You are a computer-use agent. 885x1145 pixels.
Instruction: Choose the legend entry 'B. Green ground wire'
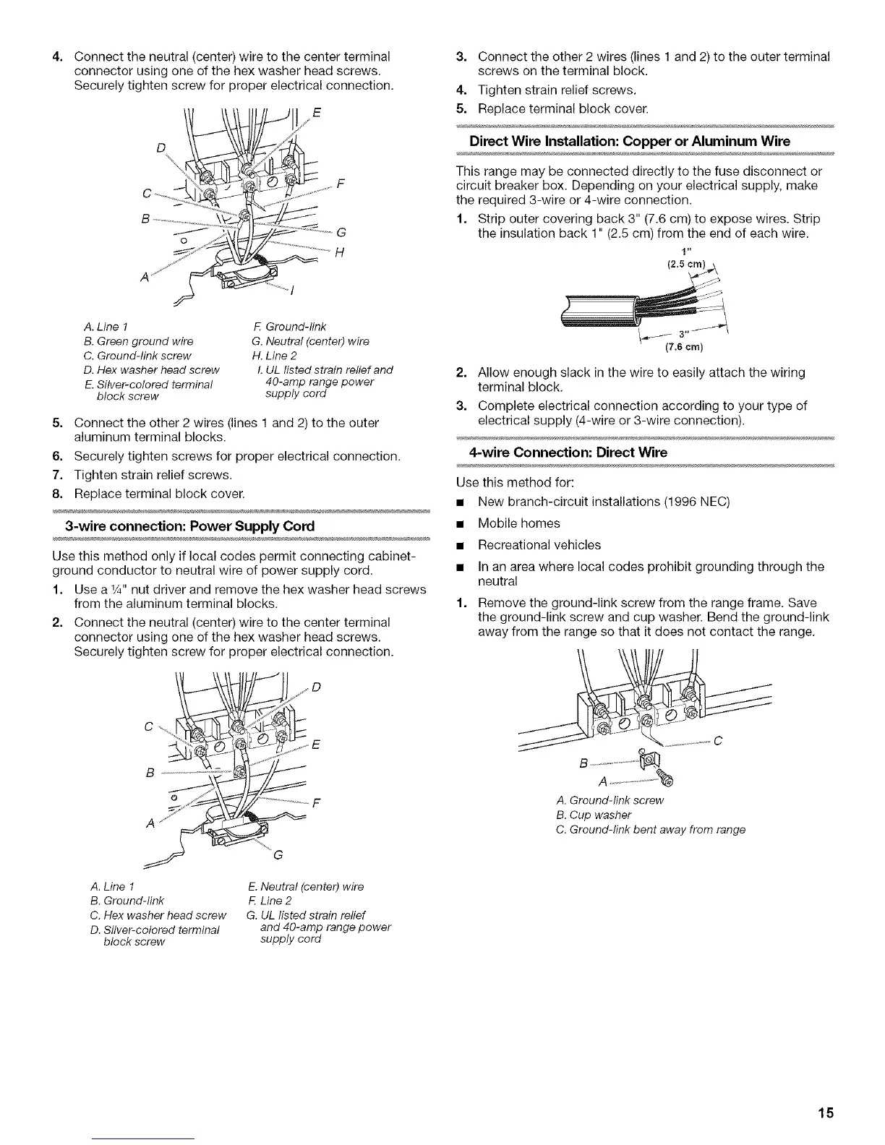coord(139,341)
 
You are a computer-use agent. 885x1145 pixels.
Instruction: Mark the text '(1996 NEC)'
coord(698,502)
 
